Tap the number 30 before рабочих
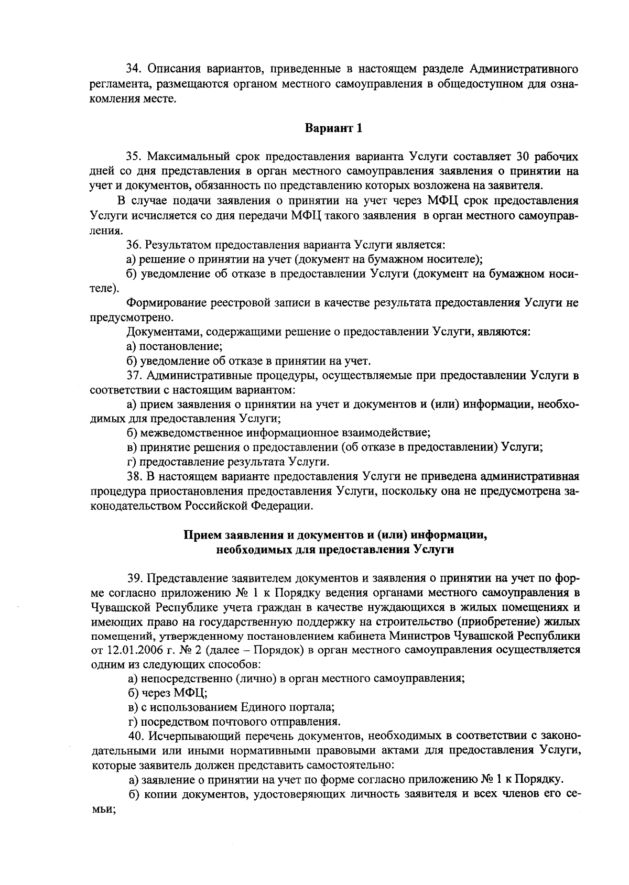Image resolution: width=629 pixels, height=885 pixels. tap(524, 157)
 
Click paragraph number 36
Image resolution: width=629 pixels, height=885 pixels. tap(135, 245)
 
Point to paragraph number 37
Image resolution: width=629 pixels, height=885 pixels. tap(135, 376)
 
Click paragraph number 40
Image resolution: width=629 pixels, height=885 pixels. tap(135, 736)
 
